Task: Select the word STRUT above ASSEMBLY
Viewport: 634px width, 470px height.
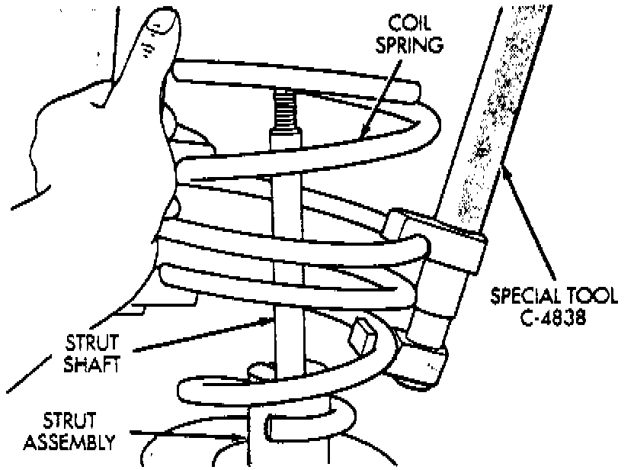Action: click(70, 420)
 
